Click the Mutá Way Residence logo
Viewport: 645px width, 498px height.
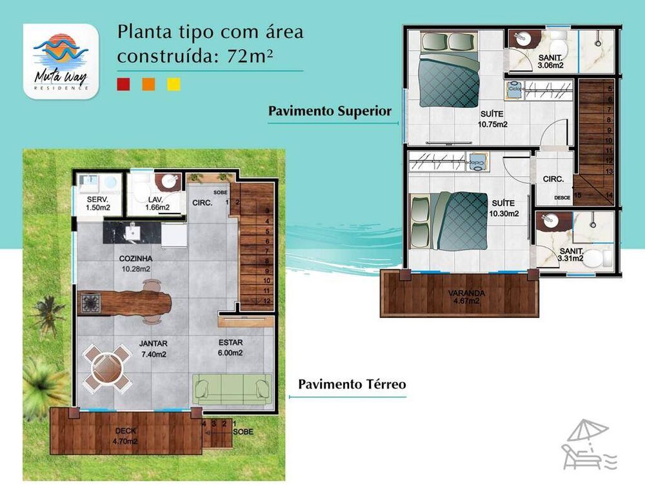pyautogui.click(x=61, y=61)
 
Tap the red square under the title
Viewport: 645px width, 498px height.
pyautogui.click(x=124, y=84)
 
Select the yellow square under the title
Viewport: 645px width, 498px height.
pyautogui.click(x=174, y=84)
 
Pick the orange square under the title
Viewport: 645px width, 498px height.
pyautogui.click(x=148, y=84)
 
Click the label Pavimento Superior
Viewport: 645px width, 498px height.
pyautogui.click(x=330, y=111)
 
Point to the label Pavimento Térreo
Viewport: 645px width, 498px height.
pyautogui.click(x=352, y=384)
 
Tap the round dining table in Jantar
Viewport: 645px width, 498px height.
pyautogui.click(x=104, y=366)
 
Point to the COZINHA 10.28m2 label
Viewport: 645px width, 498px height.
pyautogui.click(x=135, y=263)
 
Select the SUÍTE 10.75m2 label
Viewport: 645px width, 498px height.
pyautogui.click(x=491, y=119)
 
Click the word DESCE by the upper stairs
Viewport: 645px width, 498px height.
pyautogui.click(x=562, y=197)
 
